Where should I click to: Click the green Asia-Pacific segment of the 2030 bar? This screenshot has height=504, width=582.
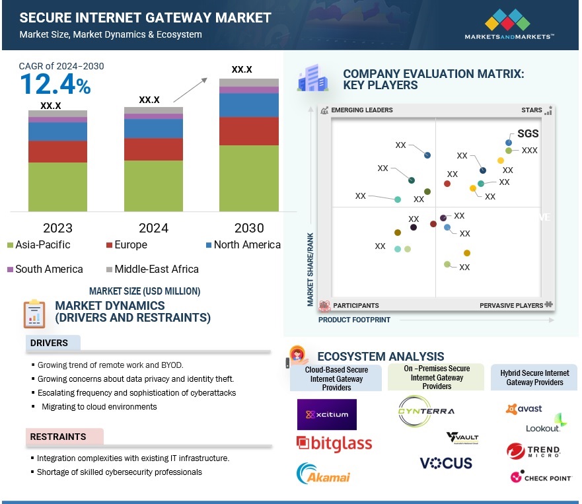point(249,178)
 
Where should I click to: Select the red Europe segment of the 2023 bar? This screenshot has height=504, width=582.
point(57,151)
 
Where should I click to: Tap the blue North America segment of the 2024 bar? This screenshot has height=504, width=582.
point(154,128)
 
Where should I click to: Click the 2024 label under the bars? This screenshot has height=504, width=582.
point(153,228)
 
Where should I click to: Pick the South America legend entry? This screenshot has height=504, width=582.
point(45,269)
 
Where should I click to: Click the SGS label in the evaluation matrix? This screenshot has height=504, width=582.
point(528,133)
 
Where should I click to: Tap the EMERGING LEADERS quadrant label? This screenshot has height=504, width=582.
point(361,110)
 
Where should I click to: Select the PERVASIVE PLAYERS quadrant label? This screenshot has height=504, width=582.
point(511,305)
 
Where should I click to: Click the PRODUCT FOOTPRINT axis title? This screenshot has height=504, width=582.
point(354,320)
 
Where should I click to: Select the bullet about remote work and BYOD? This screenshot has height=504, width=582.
point(110,365)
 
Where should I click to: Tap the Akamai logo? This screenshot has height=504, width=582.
point(324,474)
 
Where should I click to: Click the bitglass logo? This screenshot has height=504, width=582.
point(334,443)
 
